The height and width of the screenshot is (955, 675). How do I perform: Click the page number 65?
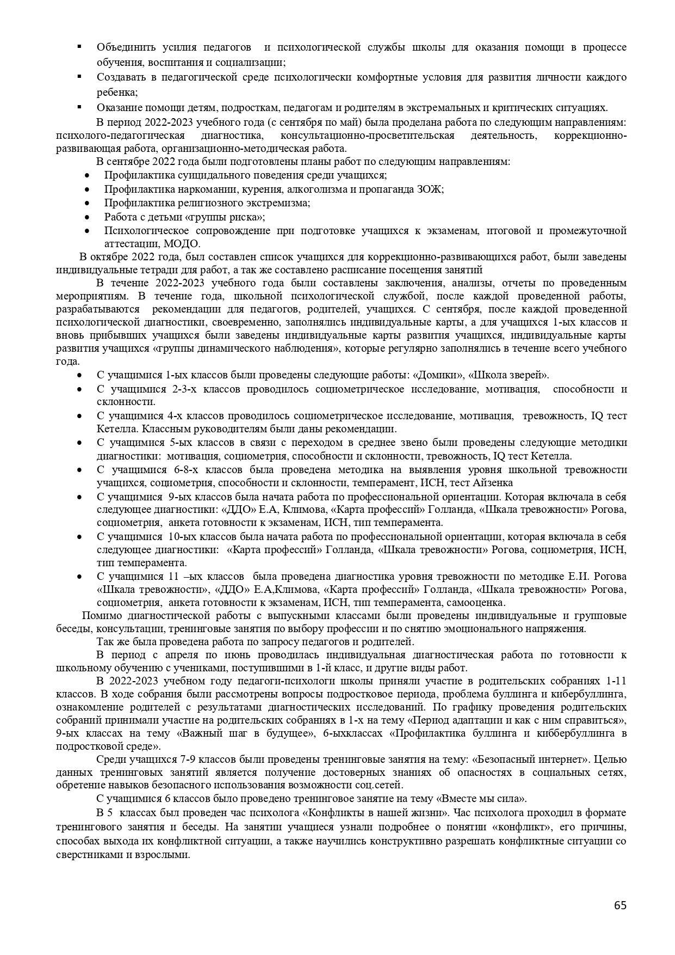(x=620, y=905)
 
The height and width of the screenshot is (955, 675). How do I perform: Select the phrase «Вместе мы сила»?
(x=481, y=799)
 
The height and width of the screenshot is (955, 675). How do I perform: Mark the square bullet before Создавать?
(x=79, y=77)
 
